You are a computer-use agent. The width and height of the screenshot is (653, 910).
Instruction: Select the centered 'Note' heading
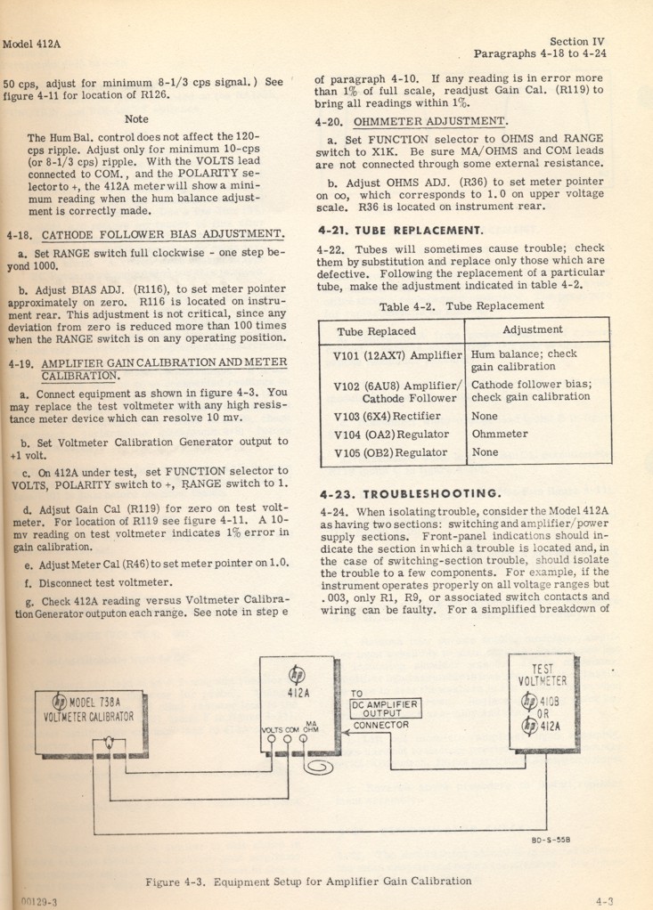pyautogui.click(x=137, y=118)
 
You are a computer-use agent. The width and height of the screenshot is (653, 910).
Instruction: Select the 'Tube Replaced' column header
pyautogui.click(x=376, y=330)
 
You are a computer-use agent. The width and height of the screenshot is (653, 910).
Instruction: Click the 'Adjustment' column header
pyautogui.click(x=532, y=329)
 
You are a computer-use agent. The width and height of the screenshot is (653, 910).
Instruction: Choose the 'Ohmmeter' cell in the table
pyautogui.click(x=500, y=434)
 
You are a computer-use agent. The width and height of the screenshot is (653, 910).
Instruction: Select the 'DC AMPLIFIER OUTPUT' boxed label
pyautogui.click(x=384, y=708)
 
